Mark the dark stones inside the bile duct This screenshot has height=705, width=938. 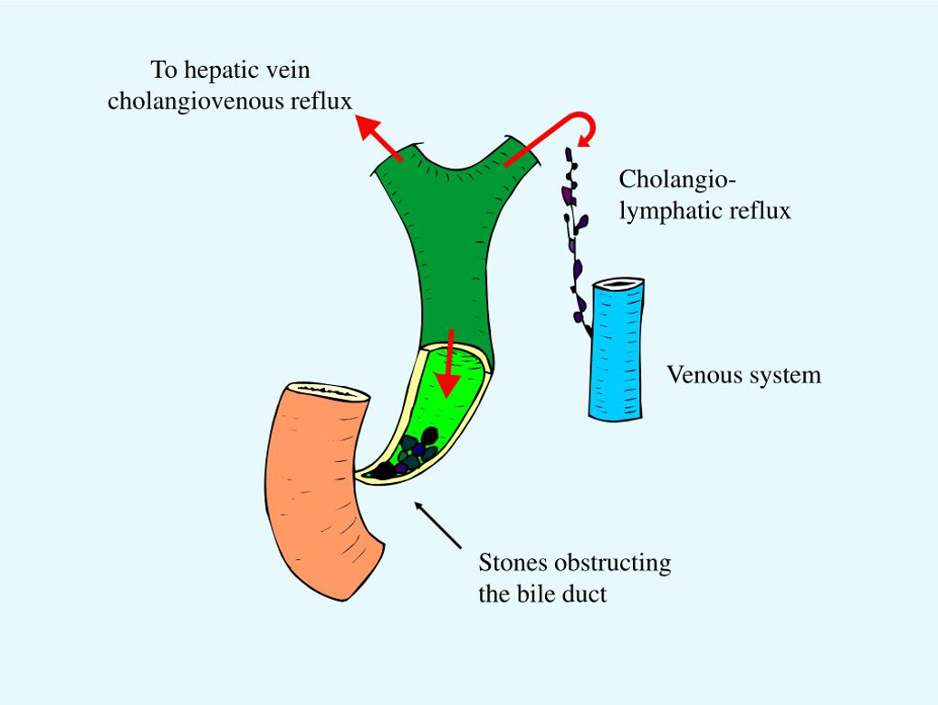[x=412, y=453]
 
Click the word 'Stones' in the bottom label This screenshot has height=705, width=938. [x=513, y=563]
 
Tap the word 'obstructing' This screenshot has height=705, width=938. [x=613, y=563]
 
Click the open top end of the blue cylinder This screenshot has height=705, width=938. [x=618, y=285]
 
